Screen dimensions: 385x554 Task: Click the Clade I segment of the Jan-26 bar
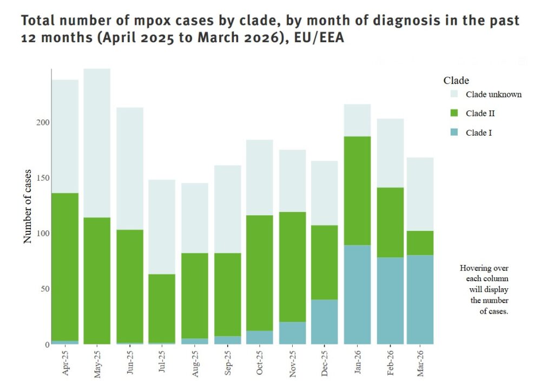click(357, 295)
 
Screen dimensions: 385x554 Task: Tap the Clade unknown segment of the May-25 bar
click(97, 143)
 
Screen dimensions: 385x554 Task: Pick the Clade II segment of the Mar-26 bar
click(420, 243)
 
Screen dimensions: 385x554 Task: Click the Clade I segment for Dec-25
click(325, 322)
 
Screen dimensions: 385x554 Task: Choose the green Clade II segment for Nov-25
click(292, 267)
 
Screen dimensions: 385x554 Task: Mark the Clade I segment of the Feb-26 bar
click(390, 301)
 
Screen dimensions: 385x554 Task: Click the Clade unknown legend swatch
click(454, 94)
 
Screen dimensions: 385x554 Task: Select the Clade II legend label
click(480, 114)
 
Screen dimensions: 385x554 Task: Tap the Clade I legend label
click(479, 132)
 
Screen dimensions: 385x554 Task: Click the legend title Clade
click(456, 81)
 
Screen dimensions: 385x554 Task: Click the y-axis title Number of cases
click(28, 207)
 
